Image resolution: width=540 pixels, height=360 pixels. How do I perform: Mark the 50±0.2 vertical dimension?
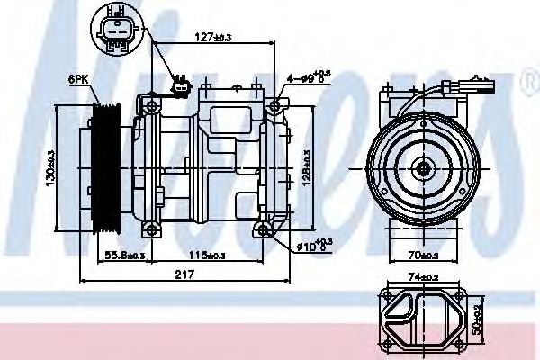pyautogui.click(x=502, y=317)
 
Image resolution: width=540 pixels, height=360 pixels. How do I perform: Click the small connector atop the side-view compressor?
pyautogui.click(x=182, y=88)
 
